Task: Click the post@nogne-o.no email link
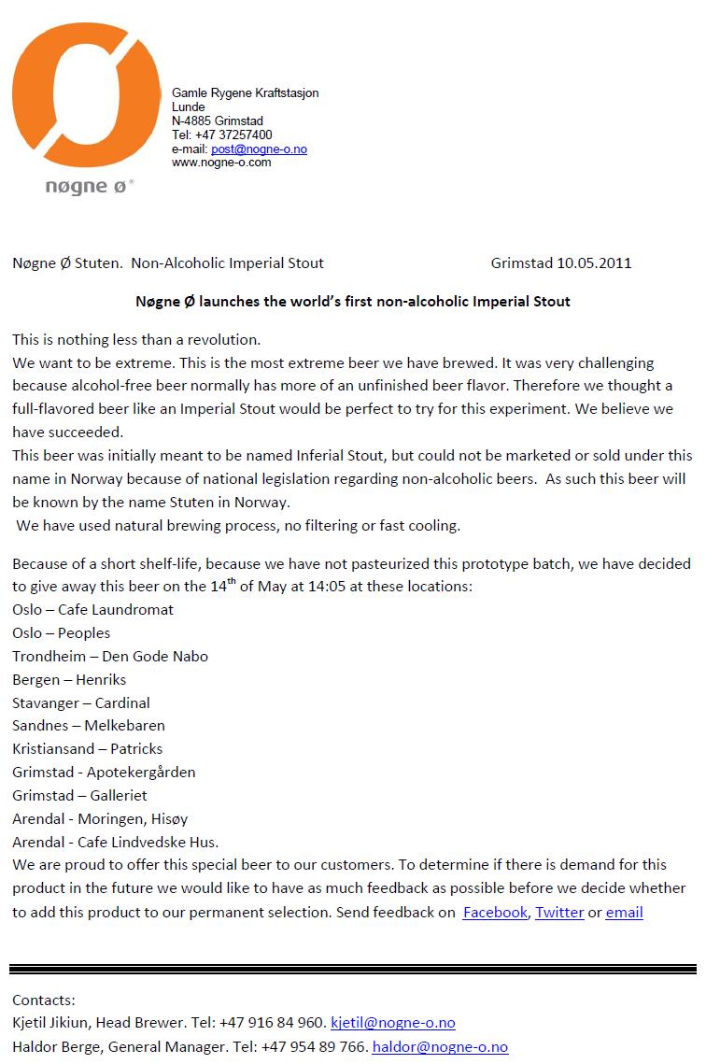coord(259,149)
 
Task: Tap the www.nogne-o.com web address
coord(221,163)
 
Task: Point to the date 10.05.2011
coord(594,262)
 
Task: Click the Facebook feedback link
coord(495,913)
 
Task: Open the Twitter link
coord(559,913)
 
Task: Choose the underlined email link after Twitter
coord(624,913)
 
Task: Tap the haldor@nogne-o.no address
coord(440,1047)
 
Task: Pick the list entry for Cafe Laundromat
coord(93,610)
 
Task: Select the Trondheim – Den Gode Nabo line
coord(110,656)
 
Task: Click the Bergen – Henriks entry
coord(69,679)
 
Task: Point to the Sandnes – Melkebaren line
coord(89,726)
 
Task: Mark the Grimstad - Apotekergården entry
coord(104,773)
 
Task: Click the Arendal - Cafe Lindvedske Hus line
coord(115,842)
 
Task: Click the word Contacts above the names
coord(43,1000)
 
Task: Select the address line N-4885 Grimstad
coord(218,121)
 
